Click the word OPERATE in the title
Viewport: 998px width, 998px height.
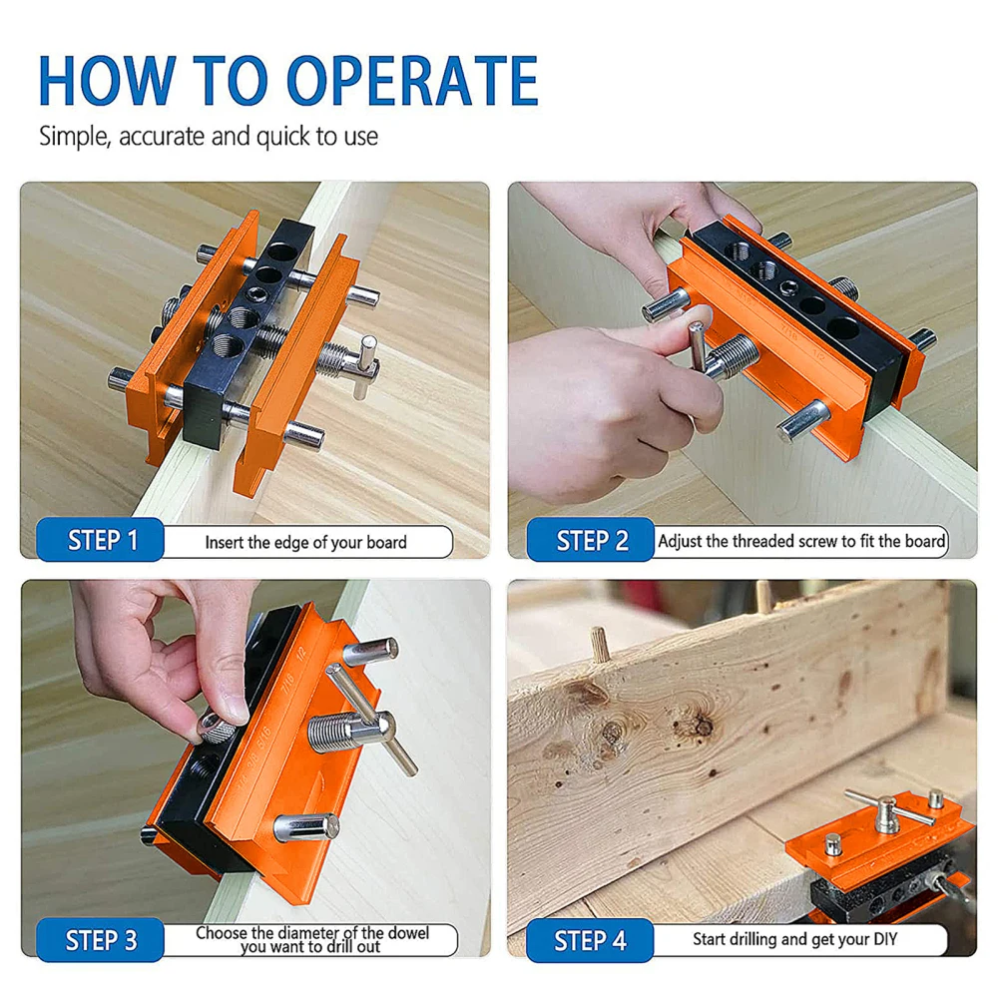tap(412, 80)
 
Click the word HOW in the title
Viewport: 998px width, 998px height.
tap(107, 80)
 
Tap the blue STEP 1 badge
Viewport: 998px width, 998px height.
tap(101, 540)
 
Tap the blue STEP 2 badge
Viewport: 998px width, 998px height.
tap(591, 540)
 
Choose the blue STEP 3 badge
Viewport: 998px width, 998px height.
tap(101, 940)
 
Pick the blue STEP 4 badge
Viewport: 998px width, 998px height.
tap(590, 940)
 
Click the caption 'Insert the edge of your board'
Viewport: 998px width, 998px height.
tap(305, 542)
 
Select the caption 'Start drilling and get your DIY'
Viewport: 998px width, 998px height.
tap(795, 939)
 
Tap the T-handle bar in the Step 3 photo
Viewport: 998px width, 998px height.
tap(371, 720)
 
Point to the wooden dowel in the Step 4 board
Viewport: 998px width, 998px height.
tap(600, 643)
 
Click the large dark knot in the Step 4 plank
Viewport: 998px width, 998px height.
tap(702, 725)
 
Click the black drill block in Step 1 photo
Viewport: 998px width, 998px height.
tap(249, 331)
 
